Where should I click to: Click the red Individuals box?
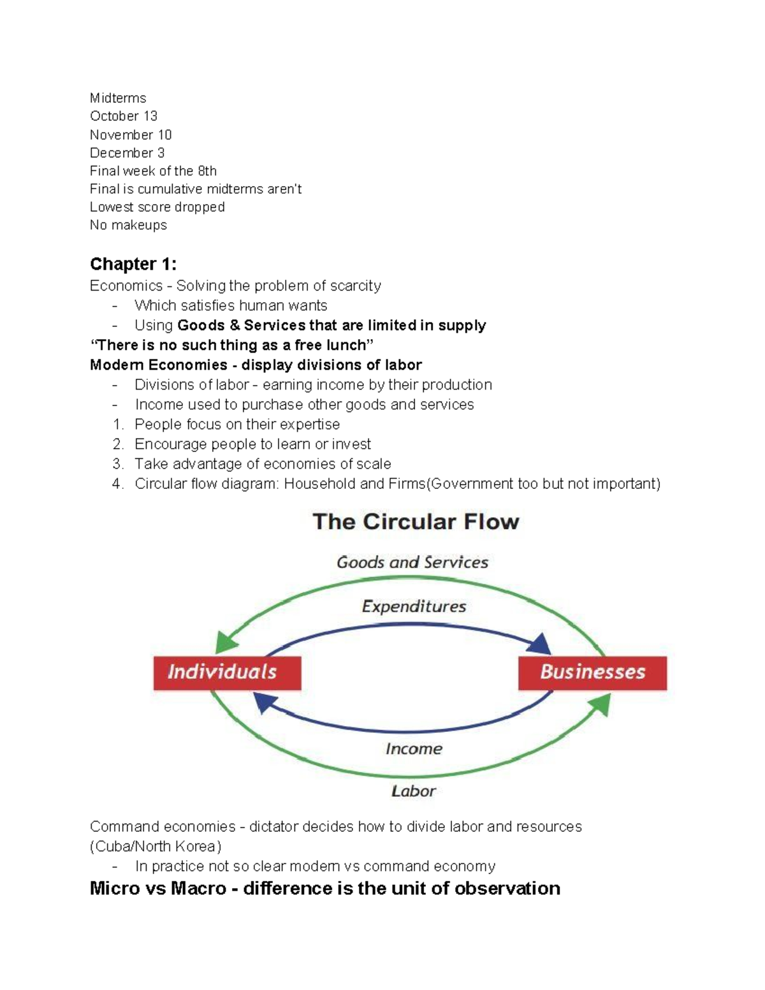click(x=227, y=673)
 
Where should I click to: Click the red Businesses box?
click(x=592, y=673)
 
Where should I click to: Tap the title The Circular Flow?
click(x=416, y=522)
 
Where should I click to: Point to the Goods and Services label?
click(x=412, y=562)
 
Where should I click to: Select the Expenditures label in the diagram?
click(x=414, y=606)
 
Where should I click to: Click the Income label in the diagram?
click(x=414, y=748)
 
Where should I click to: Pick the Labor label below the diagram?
click(x=413, y=791)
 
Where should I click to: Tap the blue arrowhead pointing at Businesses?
click(x=541, y=644)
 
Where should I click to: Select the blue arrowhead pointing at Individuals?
click(x=264, y=702)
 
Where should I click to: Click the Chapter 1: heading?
click(x=133, y=264)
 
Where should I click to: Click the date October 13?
click(x=124, y=116)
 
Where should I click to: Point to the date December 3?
click(x=127, y=153)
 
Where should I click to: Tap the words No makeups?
click(x=128, y=225)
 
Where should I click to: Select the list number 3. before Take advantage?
click(x=117, y=464)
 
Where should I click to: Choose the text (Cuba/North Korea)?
click(x=156, y=847)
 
